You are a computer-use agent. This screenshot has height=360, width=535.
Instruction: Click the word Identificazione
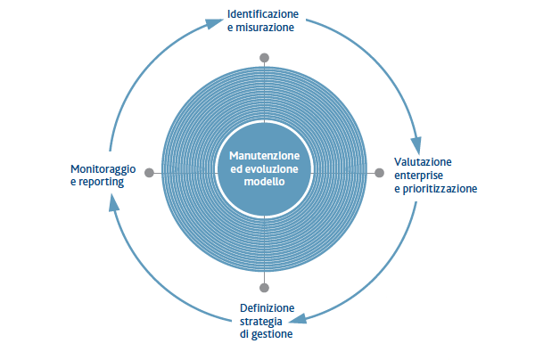point(263,14)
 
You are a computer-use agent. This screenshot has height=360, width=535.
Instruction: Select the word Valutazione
point(423,162)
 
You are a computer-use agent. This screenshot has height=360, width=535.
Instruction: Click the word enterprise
point(419,176)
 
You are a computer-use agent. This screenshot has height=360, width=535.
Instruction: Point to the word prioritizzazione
point(440,189)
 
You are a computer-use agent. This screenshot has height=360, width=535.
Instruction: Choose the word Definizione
point(267,307)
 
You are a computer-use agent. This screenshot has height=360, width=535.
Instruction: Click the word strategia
point(261,322)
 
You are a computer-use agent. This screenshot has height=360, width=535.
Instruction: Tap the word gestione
point(272,334)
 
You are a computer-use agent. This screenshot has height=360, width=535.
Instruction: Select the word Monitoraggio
point(103,169)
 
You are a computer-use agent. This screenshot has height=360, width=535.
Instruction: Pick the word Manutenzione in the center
point(265,156)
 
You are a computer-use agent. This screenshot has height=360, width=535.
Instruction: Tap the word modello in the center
point(265,182)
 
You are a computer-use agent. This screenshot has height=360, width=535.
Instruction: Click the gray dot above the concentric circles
point(264,58)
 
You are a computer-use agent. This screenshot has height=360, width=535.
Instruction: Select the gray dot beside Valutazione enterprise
point(380,173)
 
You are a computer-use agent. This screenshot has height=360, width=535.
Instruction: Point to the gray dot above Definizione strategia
point(264,288)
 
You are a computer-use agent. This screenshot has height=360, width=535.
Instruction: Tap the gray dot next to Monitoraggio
point(149,173)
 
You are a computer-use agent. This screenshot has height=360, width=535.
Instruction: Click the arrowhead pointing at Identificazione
point(215,24)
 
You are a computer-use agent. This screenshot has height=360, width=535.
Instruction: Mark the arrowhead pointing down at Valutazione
point(416,145)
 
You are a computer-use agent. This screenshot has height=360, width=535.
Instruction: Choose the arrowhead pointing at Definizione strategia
point(298,319)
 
